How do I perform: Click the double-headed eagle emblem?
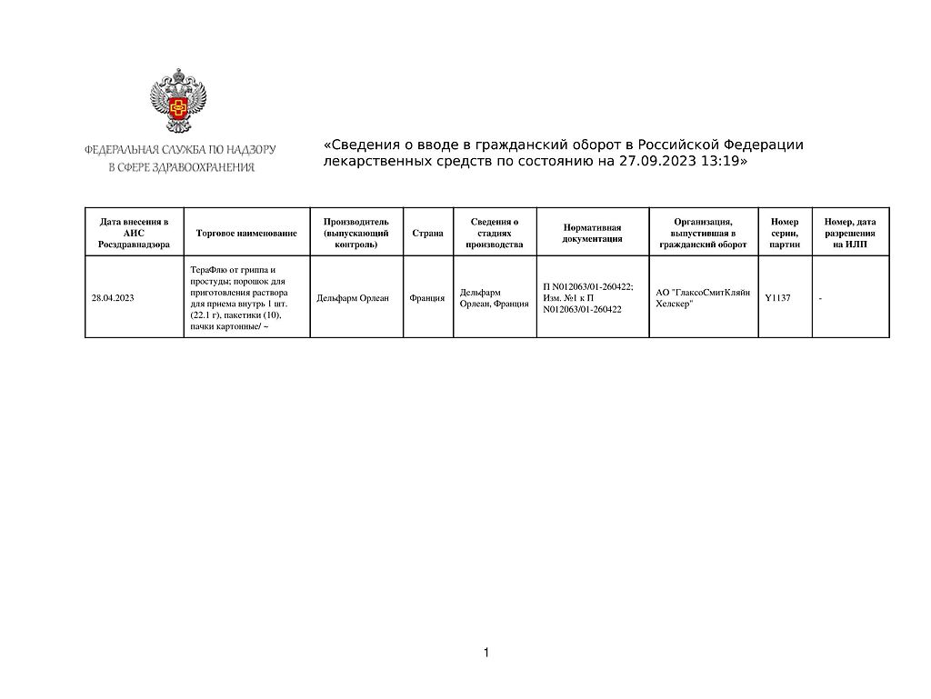tap(178, 101)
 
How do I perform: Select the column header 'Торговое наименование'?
tap(246, 233)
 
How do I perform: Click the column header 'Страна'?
tap(427, 233)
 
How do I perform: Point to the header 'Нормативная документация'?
tap(592, 233)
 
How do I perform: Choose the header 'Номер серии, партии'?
tap(785, 233)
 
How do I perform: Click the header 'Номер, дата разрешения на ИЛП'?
tap(850, 233)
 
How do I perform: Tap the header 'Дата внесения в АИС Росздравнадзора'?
tap(134, 233)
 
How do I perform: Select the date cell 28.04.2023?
tap(113, 297)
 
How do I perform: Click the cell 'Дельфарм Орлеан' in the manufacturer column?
tap(353, 297)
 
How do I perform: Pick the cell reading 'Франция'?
tap(427, 297)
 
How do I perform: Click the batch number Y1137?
tap(777, 297)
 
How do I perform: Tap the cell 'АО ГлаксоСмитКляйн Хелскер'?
tap(703, 297)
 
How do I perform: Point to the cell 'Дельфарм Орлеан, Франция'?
tap(494, 297)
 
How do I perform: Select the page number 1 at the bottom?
tap(486, 653)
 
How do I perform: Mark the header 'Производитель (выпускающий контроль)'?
tap(355, 233)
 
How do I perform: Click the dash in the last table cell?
tap(821, 297)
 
